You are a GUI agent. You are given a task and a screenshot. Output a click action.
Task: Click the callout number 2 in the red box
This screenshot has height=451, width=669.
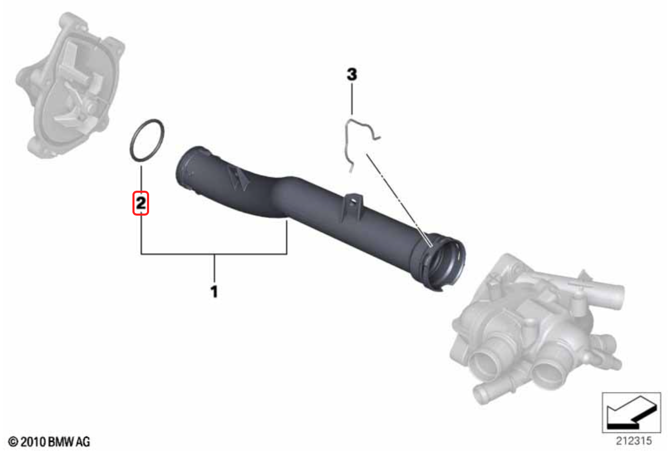coord(141,203)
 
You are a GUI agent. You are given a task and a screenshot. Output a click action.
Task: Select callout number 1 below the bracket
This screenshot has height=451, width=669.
coord(214,291)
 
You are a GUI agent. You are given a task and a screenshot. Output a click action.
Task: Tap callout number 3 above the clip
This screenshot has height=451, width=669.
coord(352,74)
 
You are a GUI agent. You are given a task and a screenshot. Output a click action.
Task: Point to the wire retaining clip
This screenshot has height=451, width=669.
coord(346,140)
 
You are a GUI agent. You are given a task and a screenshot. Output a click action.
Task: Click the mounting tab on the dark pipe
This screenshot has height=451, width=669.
coord(352,206)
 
